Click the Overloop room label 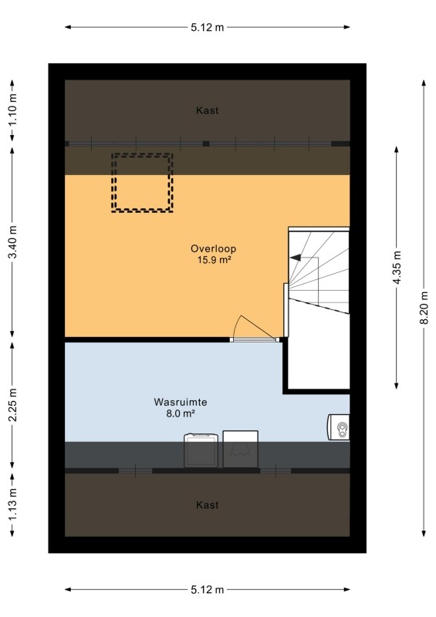[x=213, y=248]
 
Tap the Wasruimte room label [x=181, y=402]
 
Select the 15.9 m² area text [x=214, y=260]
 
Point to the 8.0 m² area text [x=181, y=413]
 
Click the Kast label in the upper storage [x=207, y=110]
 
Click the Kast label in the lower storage [x=207, y=505]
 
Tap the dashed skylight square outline [x=142, y=154]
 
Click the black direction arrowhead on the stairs [x=296, y=258]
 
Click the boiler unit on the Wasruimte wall [x=338, y=427]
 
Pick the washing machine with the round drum [x=201, y=450]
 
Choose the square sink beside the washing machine [x=241, y=449]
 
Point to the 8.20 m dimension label [x=424, y=308]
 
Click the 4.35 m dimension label [x=397, y=267]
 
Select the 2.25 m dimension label [x=12, y=405]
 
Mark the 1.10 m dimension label [x=12, y=110]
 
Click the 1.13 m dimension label [x=12, y=504]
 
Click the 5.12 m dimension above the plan [x=207, y=27]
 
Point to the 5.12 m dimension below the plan [x=207, y=589]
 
